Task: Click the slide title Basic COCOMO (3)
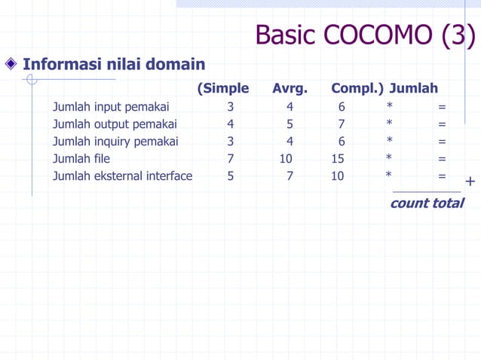pyautogui.click(x=365, y=35)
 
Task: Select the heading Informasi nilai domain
pyautogui.click(x=114, y=65)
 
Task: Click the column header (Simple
pyautogui.click(x=222, y=89)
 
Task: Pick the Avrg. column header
pyautogui.click(x=290, y=89)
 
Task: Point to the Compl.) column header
pyautogui.click(x=357, y=89)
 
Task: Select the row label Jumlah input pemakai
pyautogui.click(x=111, y=107)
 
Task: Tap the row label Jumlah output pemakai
pyautogui.click(x=115, y=124)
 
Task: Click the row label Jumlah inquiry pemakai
pyautogui.click(x=115, y=142)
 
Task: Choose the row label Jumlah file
pyautogui.click(x=81, y=159)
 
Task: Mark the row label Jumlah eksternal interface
pyautogui.click(x=122, y=176)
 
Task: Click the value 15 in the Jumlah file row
pyautogui.click(x=338, y=159)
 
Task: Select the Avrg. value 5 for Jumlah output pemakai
pyautogui.click(x=290, y=124)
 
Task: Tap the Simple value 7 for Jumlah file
pyautogui.click(x=230, y=159)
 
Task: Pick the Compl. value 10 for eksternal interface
pyautogui.click(x=338, y=176)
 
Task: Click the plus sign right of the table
pyautogui.click(x=470, y=182)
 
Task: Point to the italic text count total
pyautogui.click(x=427, y=203)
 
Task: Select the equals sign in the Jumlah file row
pyautogui.click(x=442, y=159)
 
